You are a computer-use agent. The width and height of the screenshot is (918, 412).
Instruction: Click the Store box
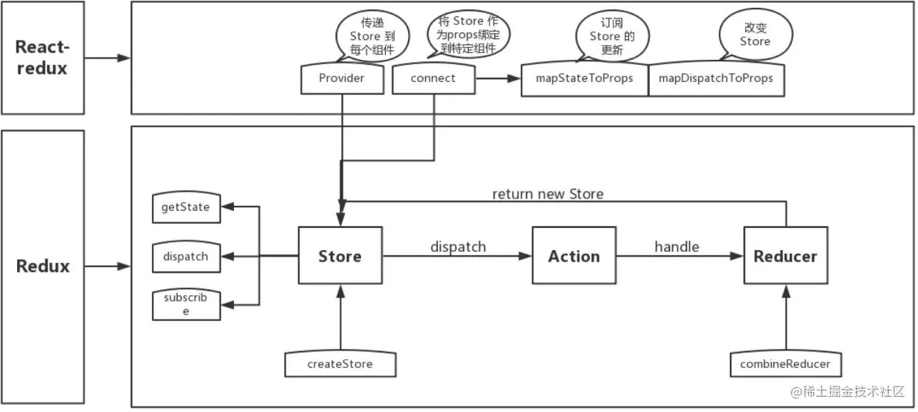coord(340,257)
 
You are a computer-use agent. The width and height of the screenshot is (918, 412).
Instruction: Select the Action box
coord(573,257)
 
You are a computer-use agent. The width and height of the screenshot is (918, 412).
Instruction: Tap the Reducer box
coord(785,257)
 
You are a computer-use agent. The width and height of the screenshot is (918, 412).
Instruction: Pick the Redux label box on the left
coord(43,267)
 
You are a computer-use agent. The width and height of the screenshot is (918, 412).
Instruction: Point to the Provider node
coord(341,79)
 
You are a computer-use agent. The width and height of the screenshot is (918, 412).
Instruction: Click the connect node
coord(433,79)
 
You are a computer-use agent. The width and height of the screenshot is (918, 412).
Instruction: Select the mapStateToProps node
coord(584,79)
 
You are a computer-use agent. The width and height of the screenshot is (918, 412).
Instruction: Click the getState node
coord(185,207)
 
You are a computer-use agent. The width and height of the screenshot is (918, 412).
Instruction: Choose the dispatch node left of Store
coord(185,256)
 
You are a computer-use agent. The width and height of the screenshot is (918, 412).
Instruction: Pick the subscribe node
coord(185,304)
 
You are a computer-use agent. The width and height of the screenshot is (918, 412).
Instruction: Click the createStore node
coord(340,364)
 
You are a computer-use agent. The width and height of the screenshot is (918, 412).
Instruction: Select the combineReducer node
coord(785,364)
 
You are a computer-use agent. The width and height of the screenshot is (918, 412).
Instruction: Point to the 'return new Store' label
coord(547,194)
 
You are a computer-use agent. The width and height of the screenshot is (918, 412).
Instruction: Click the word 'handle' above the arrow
coord(676,247)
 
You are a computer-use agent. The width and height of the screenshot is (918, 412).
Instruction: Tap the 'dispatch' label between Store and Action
coord(458,247)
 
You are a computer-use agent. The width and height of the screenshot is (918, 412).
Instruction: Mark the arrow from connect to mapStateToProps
coord(498,79)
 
